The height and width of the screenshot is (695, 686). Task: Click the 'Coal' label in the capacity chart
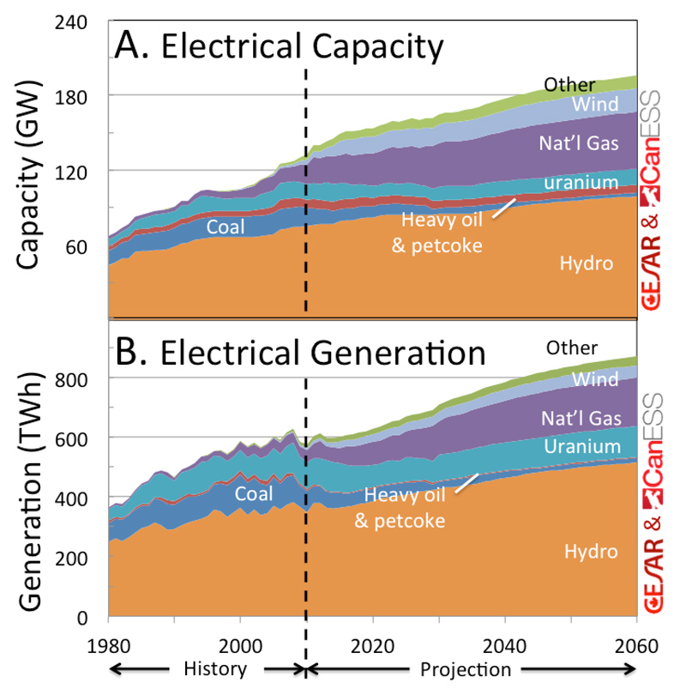click(226, 227)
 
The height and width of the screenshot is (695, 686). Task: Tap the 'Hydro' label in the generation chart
click(591, 552)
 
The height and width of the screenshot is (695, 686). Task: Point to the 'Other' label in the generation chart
click(572, 347)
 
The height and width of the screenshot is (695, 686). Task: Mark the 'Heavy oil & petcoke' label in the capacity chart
click(443, 232)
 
